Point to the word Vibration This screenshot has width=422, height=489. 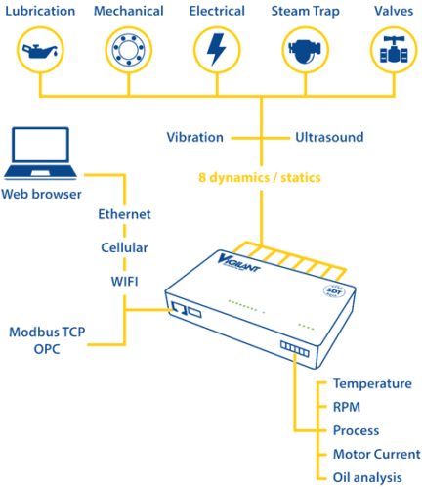click(x=194, y=138)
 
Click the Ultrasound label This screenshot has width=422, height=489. click(x=329, y=138)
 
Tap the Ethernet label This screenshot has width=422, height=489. click(x=125, y=214)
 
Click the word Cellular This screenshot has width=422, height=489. click(x=125, y=247)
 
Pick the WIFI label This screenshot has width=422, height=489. click(x=125, y=281)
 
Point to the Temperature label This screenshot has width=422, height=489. click(x=372, y=384)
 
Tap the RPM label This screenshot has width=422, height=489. click(x=348, y=407)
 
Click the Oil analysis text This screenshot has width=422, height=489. click(x=367, y=477)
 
